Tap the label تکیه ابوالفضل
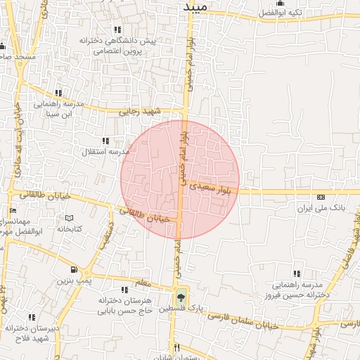coord(300,13)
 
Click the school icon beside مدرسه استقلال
coord(106,141)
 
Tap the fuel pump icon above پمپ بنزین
coord(74,269)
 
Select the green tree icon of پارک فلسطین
coord(181,297)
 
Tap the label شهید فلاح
coord(32,338)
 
